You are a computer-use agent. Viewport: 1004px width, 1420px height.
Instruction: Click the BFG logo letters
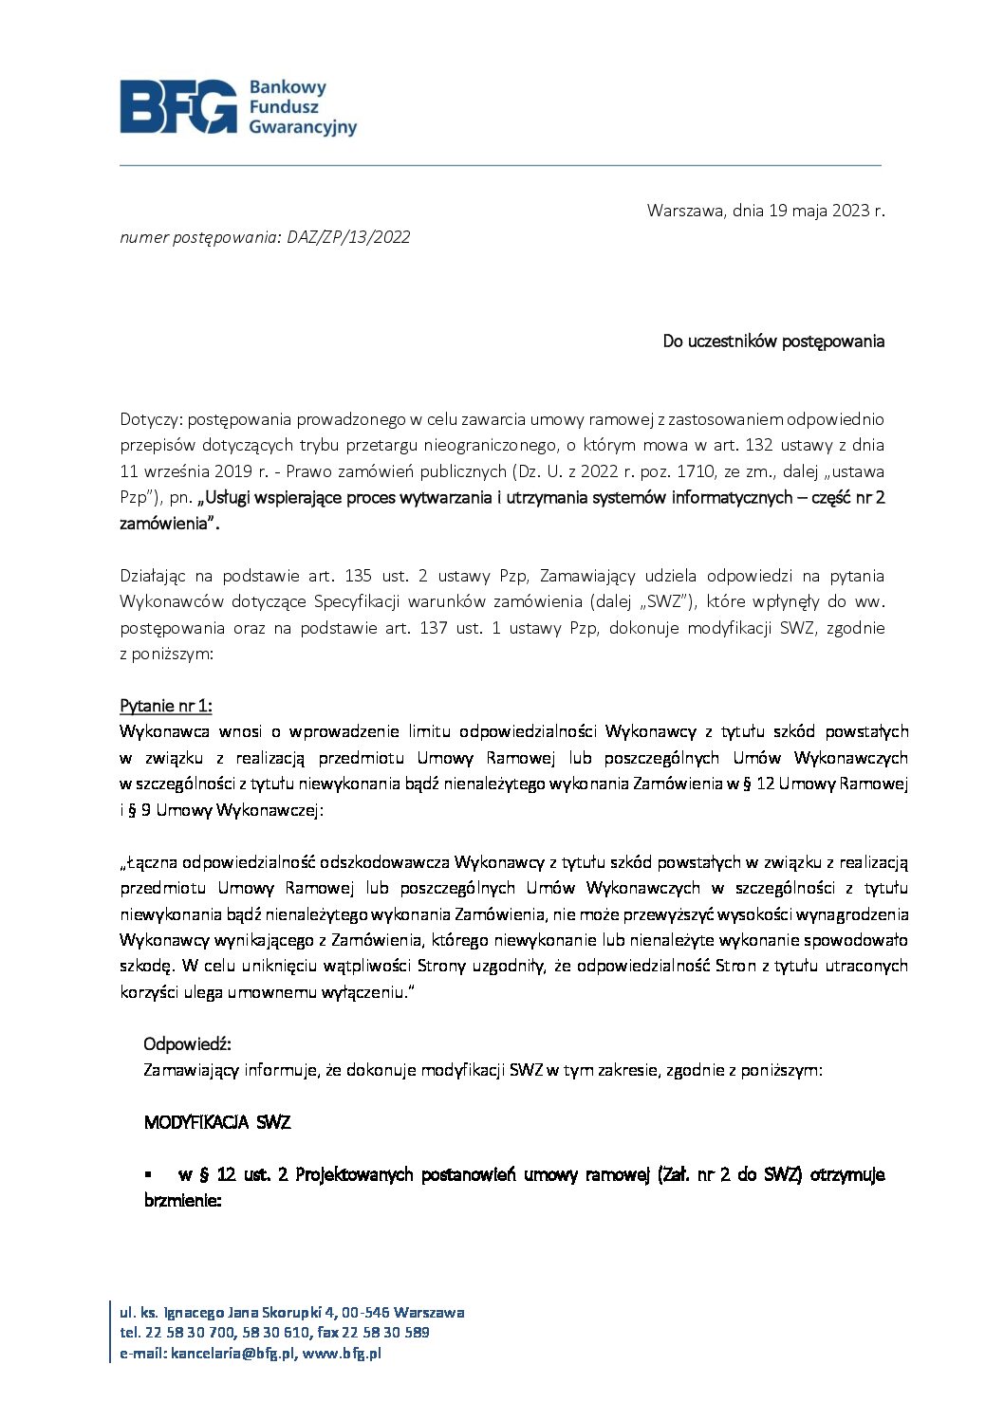(x=177, y=106)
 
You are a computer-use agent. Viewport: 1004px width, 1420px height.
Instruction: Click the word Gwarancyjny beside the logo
(x=303, y=127)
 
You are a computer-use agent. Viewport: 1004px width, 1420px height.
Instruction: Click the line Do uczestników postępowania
(x=773, y=341)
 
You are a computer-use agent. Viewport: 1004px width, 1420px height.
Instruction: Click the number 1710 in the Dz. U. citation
(x=702, y=471)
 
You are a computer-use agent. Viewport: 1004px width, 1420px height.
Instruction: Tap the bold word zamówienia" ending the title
(x=169, y=524)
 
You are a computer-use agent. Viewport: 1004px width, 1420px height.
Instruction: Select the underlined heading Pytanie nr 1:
(x=166, y=706)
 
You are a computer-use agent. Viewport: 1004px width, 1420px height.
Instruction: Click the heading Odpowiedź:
(x=187, y=1044)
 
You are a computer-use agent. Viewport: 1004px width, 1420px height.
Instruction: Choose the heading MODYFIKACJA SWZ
(x=217, y=1123)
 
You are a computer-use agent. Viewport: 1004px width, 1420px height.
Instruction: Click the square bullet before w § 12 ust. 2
(x=148, y=1174)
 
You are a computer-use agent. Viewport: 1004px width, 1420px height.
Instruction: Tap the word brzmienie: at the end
(x=182, y=1200)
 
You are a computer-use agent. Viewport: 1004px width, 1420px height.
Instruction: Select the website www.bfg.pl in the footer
(x=342, y=1354)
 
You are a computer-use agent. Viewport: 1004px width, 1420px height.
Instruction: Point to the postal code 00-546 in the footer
(x=365, y=1313)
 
